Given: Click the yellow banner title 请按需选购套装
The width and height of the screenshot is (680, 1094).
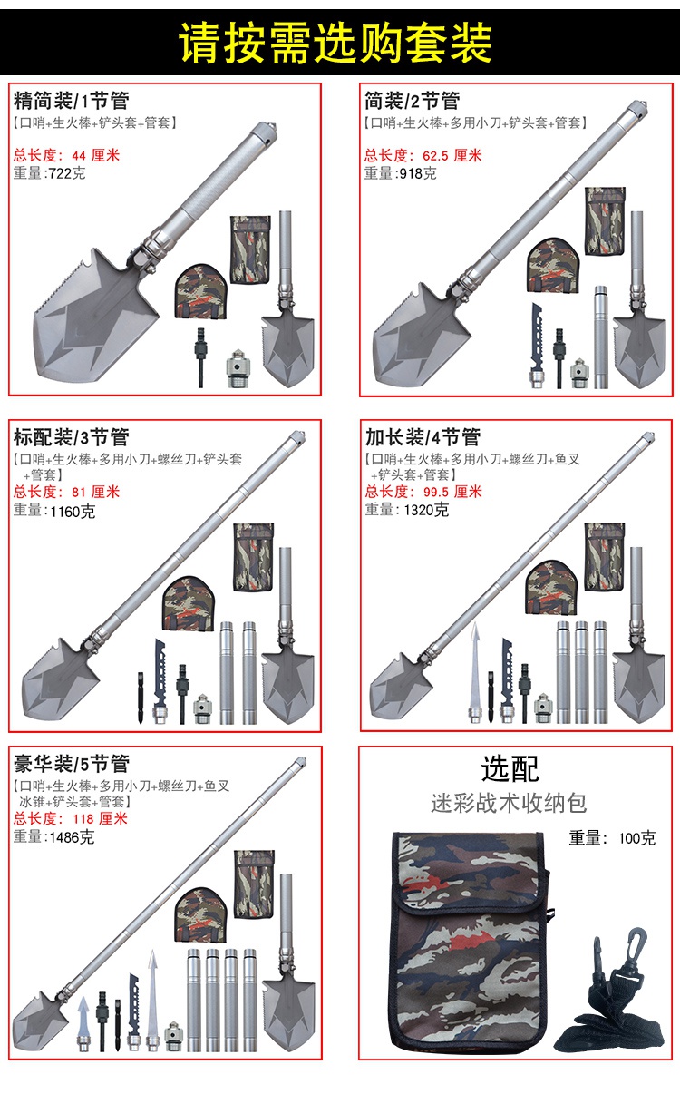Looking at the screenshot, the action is tap(335, 43).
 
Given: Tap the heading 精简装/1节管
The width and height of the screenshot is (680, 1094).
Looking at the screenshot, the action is tap(72, 101).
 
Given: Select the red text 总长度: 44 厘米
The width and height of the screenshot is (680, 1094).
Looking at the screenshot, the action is tap(66, 155).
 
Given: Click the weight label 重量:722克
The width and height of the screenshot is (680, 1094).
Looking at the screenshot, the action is tap(49, 173).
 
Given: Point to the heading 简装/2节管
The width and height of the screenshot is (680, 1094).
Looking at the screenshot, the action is tap(412, 101).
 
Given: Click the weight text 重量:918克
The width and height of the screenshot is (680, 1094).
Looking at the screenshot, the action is tap(400, 173).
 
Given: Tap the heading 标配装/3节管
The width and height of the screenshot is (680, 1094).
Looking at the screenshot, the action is tap(72, 437).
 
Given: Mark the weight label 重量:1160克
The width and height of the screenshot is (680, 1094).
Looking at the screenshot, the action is tap(54, 511).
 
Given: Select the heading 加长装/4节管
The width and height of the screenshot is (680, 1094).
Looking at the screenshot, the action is tap(423, 437).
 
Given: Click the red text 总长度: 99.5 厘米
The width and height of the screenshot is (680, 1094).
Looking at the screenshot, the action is tap(423, 492).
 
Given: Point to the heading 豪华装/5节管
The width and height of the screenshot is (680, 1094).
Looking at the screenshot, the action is tap(72, 764).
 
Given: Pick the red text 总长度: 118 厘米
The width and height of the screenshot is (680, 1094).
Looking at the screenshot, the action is tap(71, 818).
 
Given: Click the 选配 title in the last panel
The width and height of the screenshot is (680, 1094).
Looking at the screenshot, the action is tap(510, 768).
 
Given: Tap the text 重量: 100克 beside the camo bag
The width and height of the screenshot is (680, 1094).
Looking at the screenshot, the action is tap(612, 838).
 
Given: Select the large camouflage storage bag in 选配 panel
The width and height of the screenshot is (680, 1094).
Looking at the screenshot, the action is tap(471, 941).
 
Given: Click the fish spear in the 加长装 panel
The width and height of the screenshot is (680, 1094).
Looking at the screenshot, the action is tap(475, 672).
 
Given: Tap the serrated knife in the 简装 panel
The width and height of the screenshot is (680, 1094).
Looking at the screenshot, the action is tap(537, 346).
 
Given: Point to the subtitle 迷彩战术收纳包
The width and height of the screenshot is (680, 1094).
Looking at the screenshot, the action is tap(509, 804).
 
